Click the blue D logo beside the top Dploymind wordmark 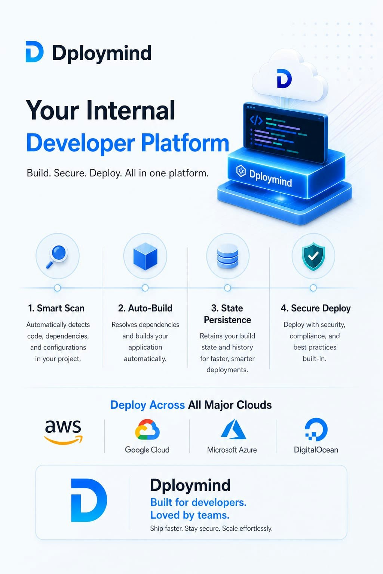tap(34, 52)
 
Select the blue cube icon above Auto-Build tap(145, 256)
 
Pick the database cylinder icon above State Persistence tap(227, 256)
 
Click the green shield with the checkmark tap(313, 257)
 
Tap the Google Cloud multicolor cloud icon tap(147, 429)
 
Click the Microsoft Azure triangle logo tap(233, 429)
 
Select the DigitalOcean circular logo tap(316, 429)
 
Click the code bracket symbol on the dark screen tap(256, 120)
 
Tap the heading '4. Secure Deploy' tap(316, 308)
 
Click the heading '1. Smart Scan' tap(56, 308)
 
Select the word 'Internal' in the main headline tap(131, 110)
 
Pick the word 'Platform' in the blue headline tap(185, 143)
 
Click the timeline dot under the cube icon tap(145, 288)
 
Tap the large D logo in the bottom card tap(89, 500)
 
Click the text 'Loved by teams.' tap(190, 515)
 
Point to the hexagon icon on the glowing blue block tap(241, 171)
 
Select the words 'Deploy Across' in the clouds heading tap(147, 405)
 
